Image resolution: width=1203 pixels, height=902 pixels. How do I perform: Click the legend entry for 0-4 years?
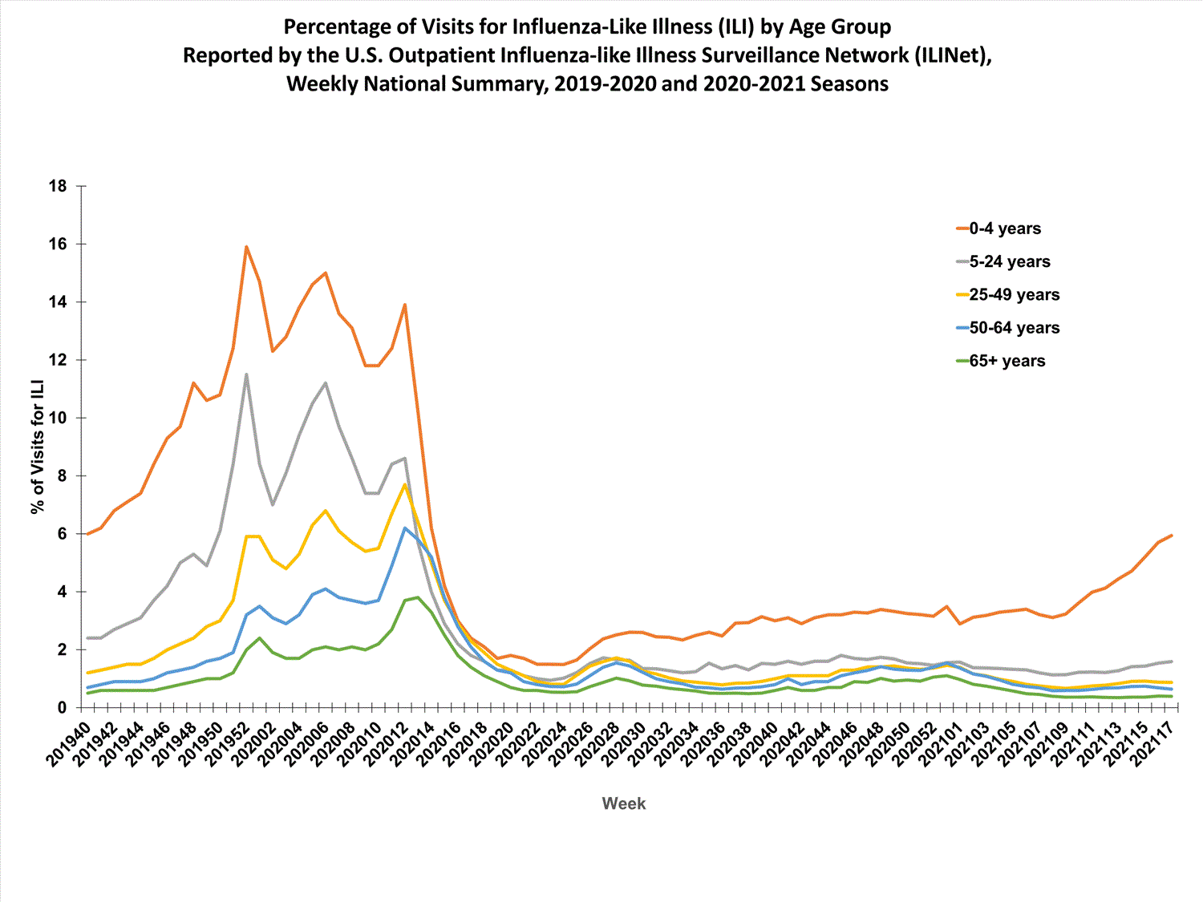coord(1004,229)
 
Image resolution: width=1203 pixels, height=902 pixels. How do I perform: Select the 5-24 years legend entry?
coord(1009,261)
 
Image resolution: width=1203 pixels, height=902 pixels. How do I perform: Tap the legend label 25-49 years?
coord(1014,295)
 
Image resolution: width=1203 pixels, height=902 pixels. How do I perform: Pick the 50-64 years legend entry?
coord(1014,328)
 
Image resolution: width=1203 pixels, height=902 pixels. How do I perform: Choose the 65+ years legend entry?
coord(1007,361)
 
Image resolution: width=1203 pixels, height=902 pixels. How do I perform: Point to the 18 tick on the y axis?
coord(58,186)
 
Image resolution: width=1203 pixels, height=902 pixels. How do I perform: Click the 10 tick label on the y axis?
coord(58,418)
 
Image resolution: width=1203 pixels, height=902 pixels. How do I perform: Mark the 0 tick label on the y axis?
coord(62,708)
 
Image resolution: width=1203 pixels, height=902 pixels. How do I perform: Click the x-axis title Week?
coord(623,803)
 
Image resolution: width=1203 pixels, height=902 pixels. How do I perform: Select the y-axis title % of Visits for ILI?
coord(37,447)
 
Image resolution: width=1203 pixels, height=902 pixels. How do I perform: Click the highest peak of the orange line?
coord(246,246)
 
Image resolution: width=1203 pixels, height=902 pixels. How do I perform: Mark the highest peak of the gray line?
coord(246,374)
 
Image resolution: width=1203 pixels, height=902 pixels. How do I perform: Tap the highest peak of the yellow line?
coord(405,484)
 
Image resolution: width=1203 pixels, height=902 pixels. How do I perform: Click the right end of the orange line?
coord(1172,535)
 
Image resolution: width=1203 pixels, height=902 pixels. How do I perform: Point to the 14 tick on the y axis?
coord(58,302)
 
